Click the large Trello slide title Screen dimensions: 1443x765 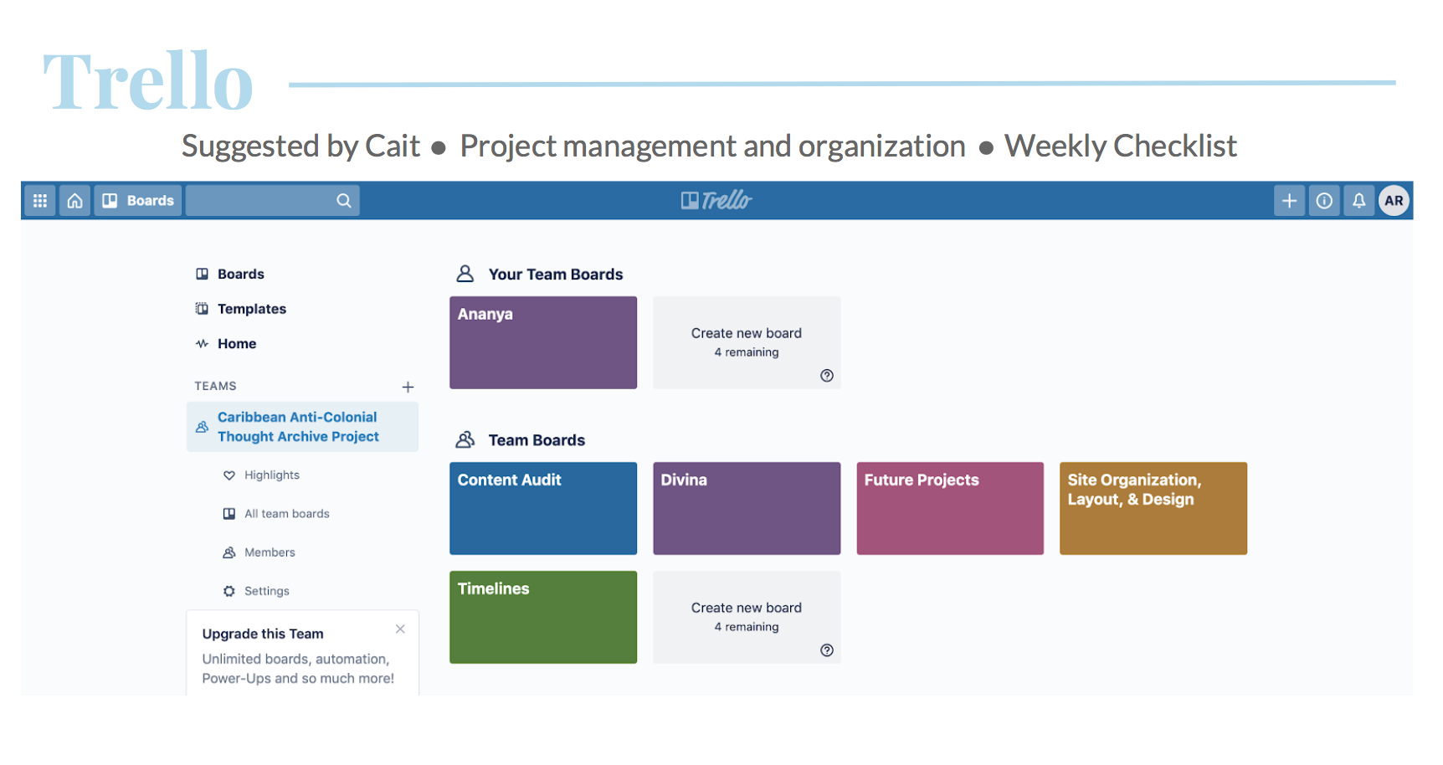[x=148, y=81]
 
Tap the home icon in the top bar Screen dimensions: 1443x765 [x=75, y=201]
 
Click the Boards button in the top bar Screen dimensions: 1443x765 [x=138, y=201]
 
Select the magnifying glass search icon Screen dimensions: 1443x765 [x=344, y=201]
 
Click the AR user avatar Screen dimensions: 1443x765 [x=1394, y=201]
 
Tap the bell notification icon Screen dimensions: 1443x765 [x=1359, y=201]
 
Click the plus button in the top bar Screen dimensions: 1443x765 [x=1290, y=201]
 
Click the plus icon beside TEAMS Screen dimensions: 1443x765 [x=408, y=387]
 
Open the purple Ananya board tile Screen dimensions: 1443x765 [x=543, y=342]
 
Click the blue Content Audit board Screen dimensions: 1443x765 [x=543, y=508]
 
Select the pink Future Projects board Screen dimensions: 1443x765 [x=950, y=508]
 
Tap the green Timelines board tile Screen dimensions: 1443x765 [x=543, y=617]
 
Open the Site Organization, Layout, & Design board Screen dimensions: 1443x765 [x=1153, y=508]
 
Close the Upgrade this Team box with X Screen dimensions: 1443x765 [x=400, y=629]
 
